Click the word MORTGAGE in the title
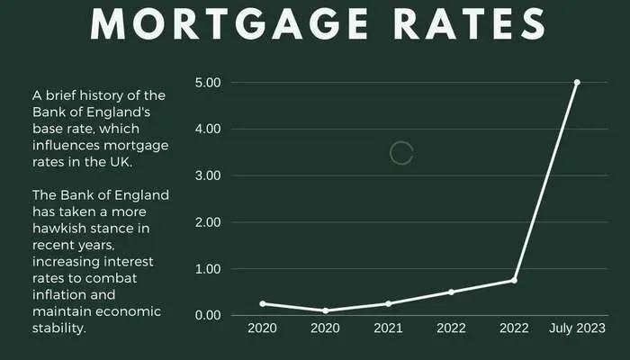[211, 23]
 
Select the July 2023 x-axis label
[577, 329]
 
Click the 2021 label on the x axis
[388, 329]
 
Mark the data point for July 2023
[577, 82]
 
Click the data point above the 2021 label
[388, 303]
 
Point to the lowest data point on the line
[325, 310]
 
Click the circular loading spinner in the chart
[401, 153]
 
